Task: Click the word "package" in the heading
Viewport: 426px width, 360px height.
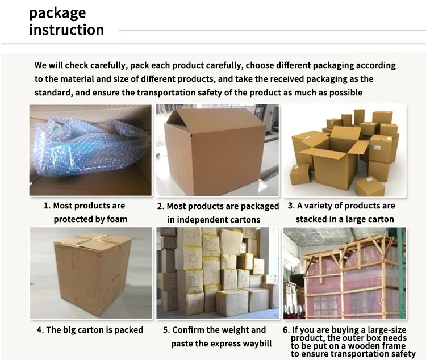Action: point(57,12)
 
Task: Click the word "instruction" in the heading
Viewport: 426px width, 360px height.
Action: point(66,30)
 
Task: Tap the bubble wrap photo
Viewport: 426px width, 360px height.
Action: point(91,150)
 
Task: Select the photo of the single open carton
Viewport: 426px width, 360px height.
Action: point(218,150)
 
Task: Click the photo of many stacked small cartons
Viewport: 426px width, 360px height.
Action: point(345,150)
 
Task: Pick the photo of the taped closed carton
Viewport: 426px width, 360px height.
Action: point(91,273)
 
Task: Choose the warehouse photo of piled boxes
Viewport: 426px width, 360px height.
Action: point(218,273)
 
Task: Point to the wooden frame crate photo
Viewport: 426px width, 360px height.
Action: point(345,273)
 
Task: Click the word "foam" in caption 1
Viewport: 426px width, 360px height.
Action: point(115,219)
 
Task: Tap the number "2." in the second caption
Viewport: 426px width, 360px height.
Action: point(161,206)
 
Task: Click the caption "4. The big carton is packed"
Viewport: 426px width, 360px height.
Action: point(90,330)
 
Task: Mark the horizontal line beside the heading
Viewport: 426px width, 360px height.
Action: point(267,30)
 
